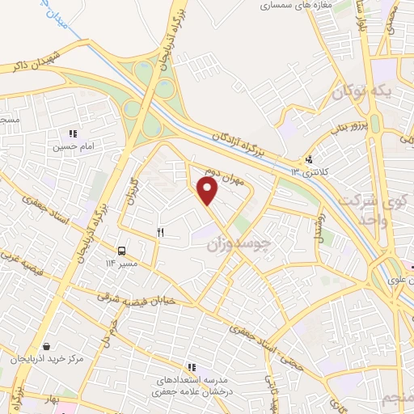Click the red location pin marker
pyautogui.click(x=209, y=191)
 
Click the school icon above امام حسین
pyautogui.click(x=72, y=134)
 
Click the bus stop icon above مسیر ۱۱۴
pyautogui.click(x=121, y=251)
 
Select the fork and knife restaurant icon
pyautogui.click(x=160, y=233)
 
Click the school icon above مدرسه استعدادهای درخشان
pyautogui.click(x=192, y=368)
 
